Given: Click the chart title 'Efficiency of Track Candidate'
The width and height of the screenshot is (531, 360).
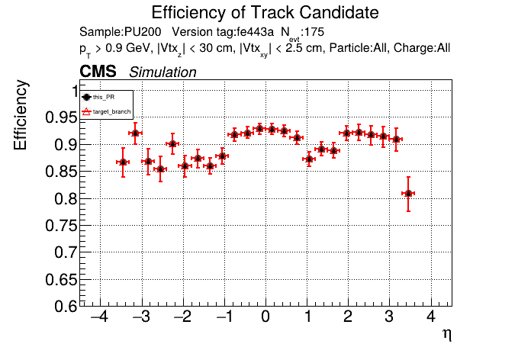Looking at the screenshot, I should click(x=265, y=13).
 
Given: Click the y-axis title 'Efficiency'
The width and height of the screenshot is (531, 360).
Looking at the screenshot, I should click(x=24, y=116).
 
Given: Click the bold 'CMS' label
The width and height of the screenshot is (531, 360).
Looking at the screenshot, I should click(x=98, y=72).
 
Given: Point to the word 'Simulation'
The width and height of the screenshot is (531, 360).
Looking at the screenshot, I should click(x=163, y=72).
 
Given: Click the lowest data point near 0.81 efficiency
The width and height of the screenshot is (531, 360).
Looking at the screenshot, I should click(x=408, y=193).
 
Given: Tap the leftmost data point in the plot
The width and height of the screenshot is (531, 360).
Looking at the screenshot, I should click(x=123, y=162).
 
